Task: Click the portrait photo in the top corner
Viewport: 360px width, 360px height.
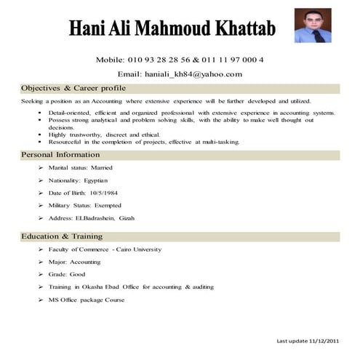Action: [312, 25]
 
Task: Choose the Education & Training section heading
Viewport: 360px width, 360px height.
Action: [62, 236]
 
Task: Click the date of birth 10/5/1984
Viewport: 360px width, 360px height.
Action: [103, 193]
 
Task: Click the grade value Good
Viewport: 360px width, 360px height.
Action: [76, 274]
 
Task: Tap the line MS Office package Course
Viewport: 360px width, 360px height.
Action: [86, 300]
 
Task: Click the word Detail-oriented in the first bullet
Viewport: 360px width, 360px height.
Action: [68, 113]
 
